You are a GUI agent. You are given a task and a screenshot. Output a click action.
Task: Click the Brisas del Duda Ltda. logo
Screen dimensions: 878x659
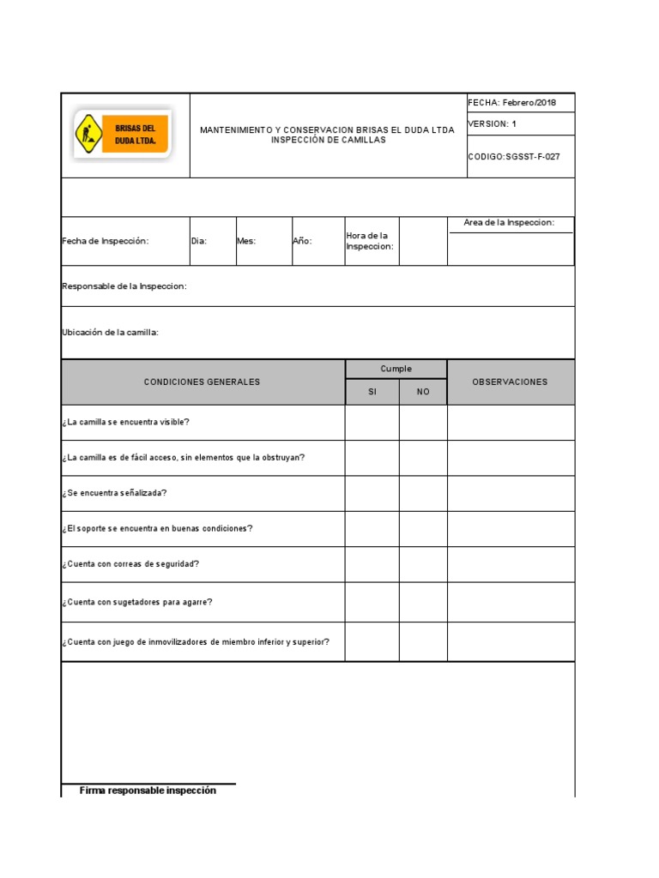[x=123, y=134]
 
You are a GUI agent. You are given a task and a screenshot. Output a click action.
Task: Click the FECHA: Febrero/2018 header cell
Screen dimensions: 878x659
[x=512, y=103]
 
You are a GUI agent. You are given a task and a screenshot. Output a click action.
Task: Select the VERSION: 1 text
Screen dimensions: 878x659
[x=493, y=124]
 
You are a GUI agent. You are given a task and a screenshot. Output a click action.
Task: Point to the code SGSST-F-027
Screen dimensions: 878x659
[x=514, y=157]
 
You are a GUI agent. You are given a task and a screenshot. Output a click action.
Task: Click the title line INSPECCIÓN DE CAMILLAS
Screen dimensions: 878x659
[x=328, y=141]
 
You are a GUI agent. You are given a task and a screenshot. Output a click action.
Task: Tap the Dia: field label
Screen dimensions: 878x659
[x=199, y=242]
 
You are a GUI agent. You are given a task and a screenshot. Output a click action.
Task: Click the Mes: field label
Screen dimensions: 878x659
[x=246, y=242]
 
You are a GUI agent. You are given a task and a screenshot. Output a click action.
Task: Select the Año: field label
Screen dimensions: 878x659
[x=302, y=242]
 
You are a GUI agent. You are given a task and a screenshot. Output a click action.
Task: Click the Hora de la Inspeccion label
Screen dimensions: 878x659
[x=370, y=241]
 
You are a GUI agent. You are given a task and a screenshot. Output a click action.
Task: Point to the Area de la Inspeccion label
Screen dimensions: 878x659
[x=509, y=223]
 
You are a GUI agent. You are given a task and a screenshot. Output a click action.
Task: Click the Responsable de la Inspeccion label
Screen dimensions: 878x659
[x=124, y=286]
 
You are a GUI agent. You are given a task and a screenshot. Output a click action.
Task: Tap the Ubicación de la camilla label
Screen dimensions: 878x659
[x=111, y=333]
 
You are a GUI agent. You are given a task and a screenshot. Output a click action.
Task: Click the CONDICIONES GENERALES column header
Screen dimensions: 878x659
[x=202, y=382]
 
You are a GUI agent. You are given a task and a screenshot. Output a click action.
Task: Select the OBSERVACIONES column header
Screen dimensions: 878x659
[x=510, y=382]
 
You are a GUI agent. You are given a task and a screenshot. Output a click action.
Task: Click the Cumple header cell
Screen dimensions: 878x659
[x=396, y=370]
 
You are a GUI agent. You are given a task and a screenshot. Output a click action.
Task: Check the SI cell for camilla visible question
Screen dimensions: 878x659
[x=372, y=423]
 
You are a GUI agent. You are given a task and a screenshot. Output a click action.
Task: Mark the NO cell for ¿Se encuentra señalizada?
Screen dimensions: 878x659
[x=423, y=494]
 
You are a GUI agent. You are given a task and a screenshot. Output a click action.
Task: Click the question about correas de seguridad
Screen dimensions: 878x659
[x=130, y=565]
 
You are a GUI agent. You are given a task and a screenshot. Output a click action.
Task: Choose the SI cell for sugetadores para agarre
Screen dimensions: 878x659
[x=372, y=602]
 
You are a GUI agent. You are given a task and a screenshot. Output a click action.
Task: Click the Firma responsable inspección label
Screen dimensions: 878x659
[x=148, y=791]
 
